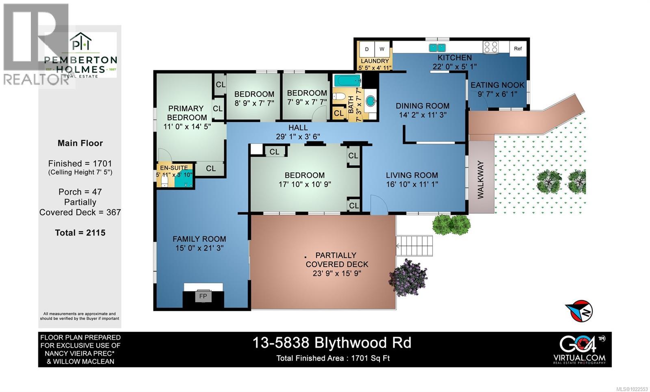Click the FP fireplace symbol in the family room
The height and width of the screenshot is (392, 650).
click(203, 296)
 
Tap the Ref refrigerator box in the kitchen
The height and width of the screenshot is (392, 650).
click(518, 49)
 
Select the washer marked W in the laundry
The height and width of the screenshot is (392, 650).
click(382, 50)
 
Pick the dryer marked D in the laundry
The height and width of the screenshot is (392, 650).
click(367, 50)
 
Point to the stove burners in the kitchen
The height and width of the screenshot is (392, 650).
click(490, 48)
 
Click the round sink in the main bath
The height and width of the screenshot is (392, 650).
click(371, 101)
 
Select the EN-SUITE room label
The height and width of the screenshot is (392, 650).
click(174, 168)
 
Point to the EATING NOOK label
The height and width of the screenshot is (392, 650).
click(497, 85)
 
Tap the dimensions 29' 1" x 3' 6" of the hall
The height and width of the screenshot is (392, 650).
click(298, 137)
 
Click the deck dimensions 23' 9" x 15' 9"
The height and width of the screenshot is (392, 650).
click(337, 273)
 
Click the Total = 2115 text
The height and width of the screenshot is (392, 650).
click(80, 233)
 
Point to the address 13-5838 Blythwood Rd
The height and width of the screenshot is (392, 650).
click(331, 343)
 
